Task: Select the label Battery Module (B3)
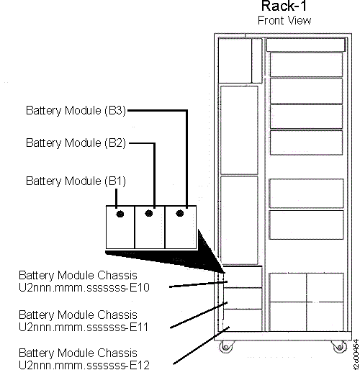pyautogui.click(x=76, y=111)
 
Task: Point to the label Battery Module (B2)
pyautogui.click(x=76, y=143)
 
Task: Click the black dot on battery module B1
pyautogui.click(x=120, y=215)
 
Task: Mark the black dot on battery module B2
pyautogui.click(x=150, y=214)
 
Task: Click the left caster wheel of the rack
pyautogui.click(x=226, y=348)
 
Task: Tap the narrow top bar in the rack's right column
pyautogui.click(x=305, y=45)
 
